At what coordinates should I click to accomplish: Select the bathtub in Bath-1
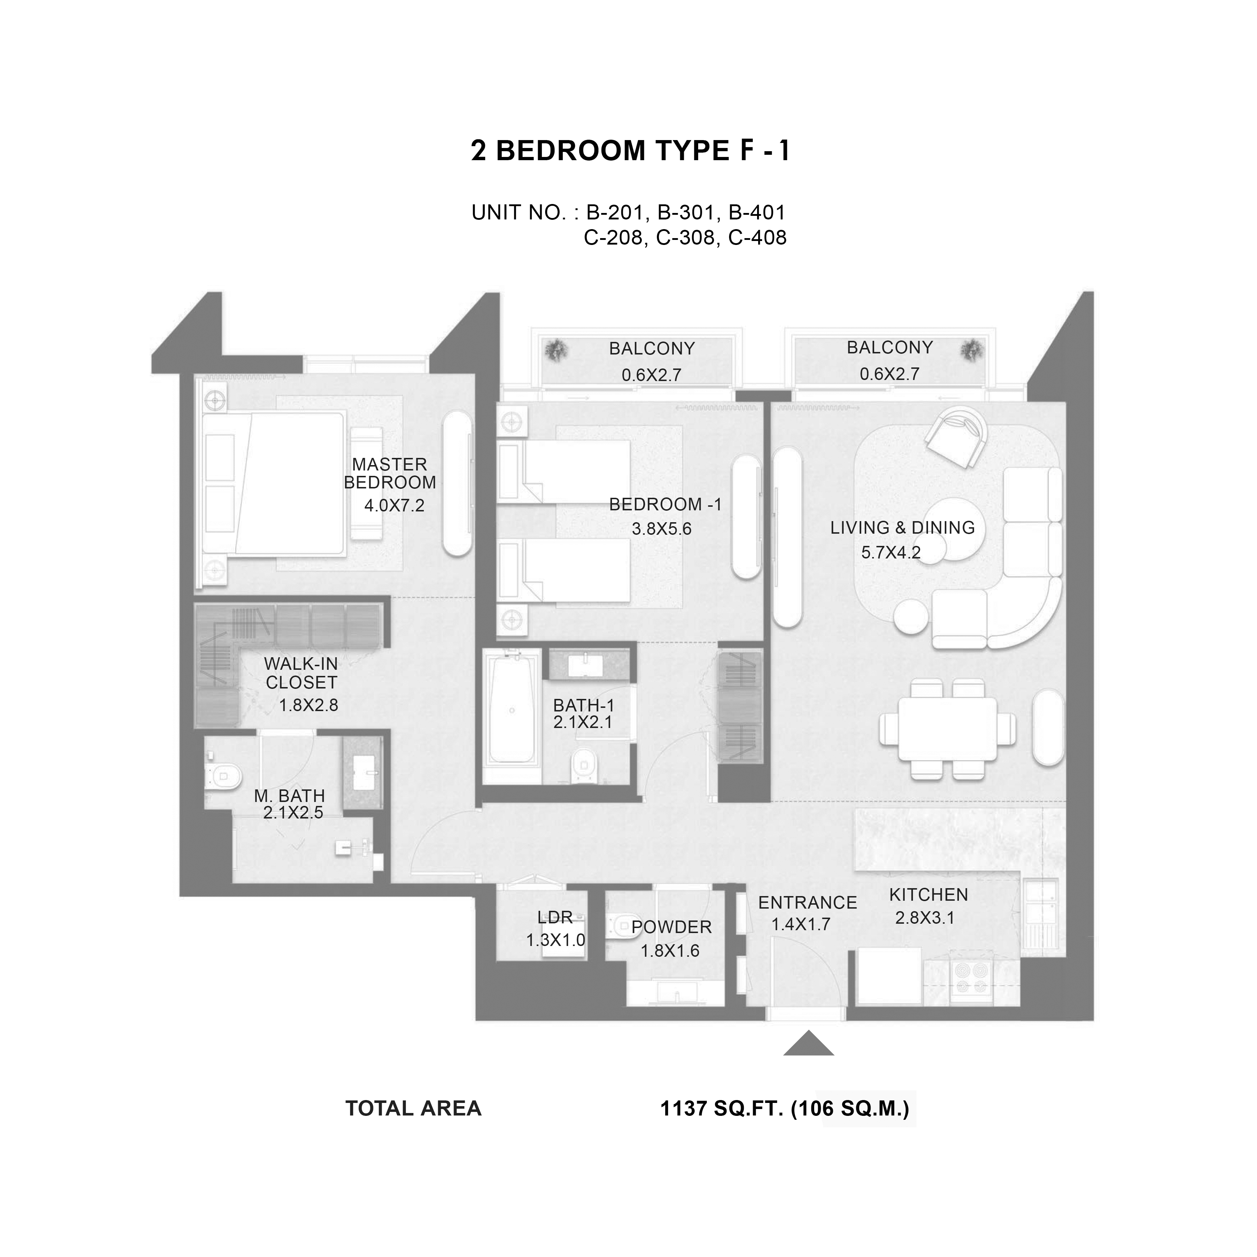[513, 709]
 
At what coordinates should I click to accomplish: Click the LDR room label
[555, 917]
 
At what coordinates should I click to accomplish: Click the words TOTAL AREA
[413, 1109]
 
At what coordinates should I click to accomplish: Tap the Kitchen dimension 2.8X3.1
[924, 918]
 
